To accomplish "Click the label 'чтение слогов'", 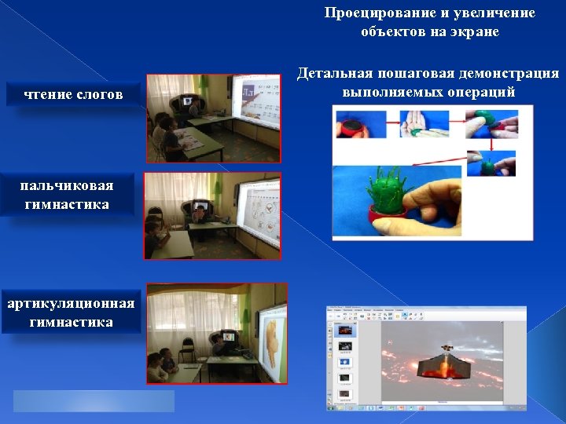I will pyautogui.click(x=74, y=95).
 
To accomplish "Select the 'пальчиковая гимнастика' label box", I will pyautogui.click(x=67, y=194).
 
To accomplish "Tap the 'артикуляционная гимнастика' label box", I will pyautogui.click(x=71, y=313).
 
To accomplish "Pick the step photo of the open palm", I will pyautogui.click(x=424, y=124).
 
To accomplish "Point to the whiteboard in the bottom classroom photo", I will pyautogui.click(x=266, y=329).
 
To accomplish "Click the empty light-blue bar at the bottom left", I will pyautogui.click(x=94, y=401).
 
